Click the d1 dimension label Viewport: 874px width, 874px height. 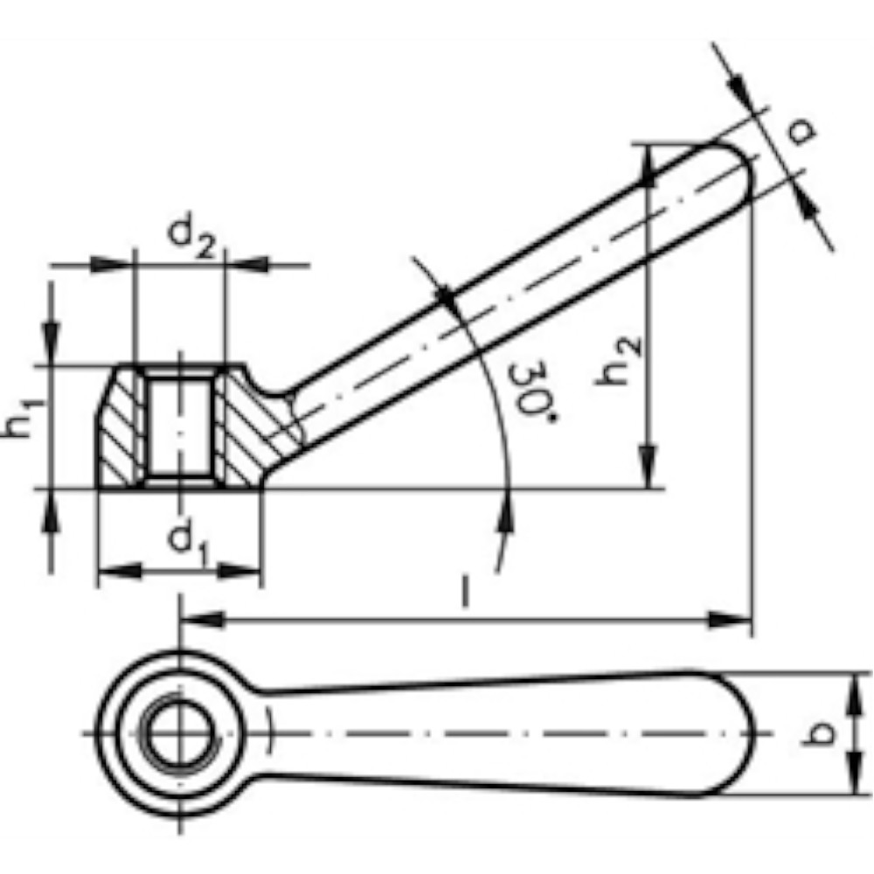(188, 543)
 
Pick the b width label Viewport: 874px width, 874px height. (818, 732)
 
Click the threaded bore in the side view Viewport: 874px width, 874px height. (179, 427)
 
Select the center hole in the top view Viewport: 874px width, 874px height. (180, 732)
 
